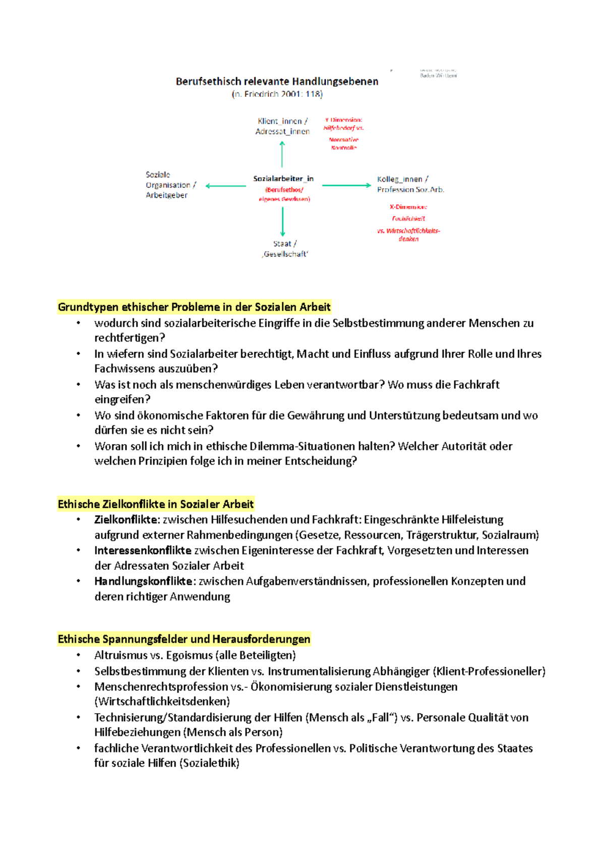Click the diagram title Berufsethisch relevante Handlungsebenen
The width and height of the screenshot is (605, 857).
point(277,82)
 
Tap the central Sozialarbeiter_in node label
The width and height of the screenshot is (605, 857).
point(283,179)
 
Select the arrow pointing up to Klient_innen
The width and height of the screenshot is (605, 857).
point(282,154)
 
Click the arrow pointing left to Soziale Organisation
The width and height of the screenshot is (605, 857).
point(225,186)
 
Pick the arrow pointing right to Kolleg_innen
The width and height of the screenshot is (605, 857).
point(346,186)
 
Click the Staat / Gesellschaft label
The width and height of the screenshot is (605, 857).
point(285,249)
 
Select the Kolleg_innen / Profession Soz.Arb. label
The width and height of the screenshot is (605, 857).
point(410,184)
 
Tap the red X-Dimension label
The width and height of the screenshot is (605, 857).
point(408,207)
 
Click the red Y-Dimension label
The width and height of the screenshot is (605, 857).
point(344,120)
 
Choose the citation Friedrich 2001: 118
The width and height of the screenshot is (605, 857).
point(277,94)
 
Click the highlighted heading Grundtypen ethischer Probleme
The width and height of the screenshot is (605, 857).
point(194,307)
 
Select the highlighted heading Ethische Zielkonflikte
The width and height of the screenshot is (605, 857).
point(155,504)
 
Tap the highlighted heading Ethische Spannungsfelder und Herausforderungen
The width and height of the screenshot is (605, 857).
point(184,639)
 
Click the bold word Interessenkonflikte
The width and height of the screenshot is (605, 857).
point(143,550)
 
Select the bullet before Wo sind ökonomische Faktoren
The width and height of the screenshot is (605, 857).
point(78,415)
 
